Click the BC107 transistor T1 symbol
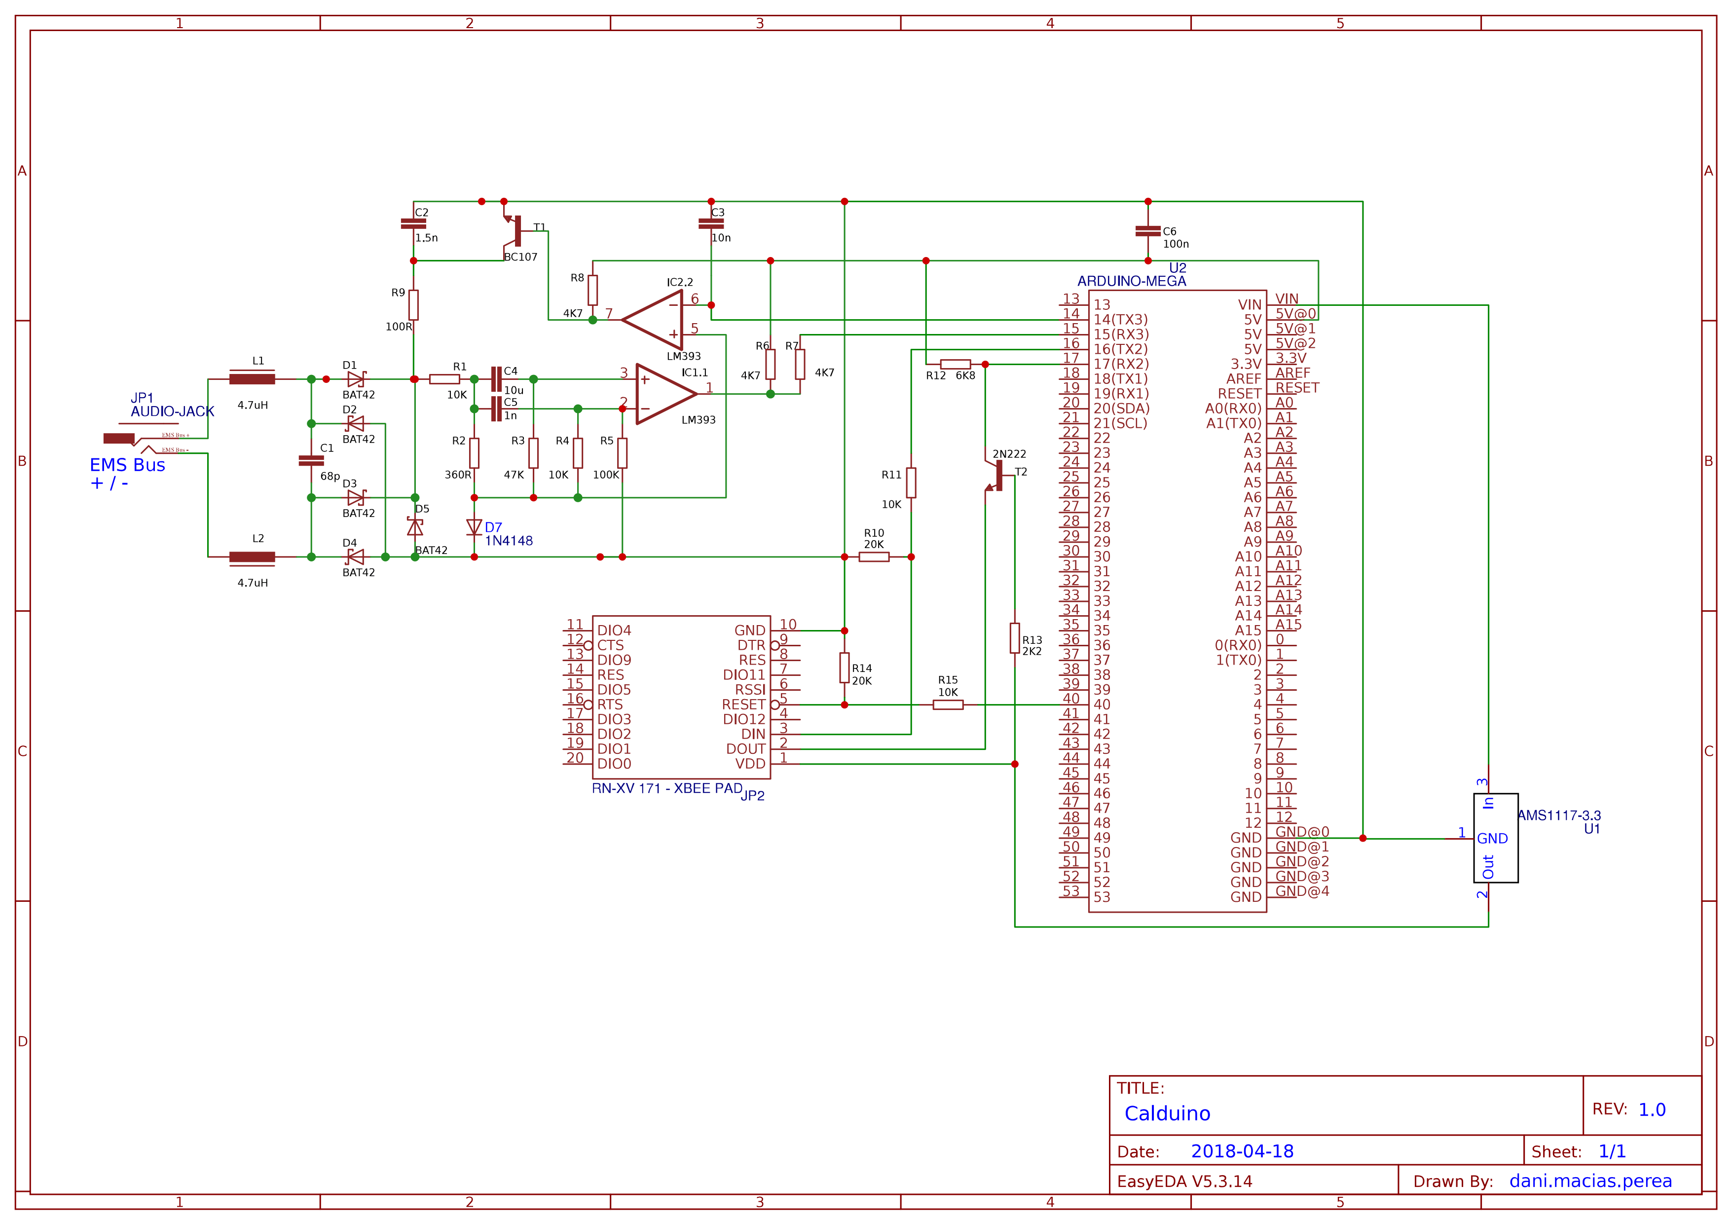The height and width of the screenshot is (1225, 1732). click(514, 231)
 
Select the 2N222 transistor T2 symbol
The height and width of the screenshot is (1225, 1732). click(996, 475)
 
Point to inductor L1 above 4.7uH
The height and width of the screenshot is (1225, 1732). click(252, 379)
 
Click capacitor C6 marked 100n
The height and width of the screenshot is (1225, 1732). click(1147, 231)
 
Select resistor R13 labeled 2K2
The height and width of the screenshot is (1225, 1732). click(1015, 638)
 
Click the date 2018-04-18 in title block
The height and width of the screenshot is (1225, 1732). click(1242, 1151)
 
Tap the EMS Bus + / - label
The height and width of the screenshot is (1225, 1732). click(127, 473)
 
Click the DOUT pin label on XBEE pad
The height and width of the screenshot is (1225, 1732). click(745, 749)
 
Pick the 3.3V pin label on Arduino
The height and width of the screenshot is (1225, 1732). click(1246, 364)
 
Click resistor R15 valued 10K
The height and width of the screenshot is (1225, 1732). click(948, 705)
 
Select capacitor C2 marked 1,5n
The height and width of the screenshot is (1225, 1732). click(413, 223)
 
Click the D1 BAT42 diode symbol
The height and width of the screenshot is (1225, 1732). click(355, 379)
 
